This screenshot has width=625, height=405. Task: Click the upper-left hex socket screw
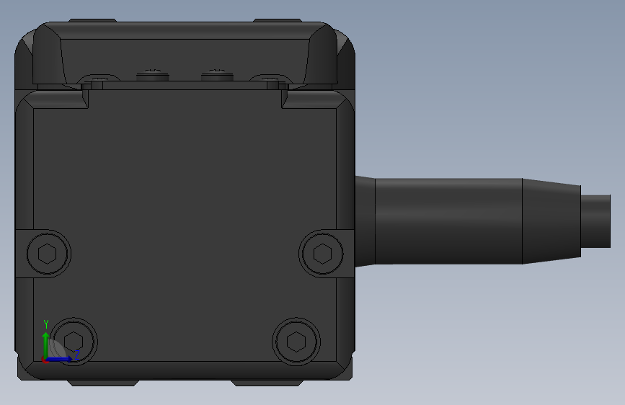pyautogui.click(x=48, y=254)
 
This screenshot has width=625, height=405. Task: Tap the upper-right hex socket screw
pyautogui.click(x=322, y=254)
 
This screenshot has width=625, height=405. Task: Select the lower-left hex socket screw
pyautogui.click(x=74, y=342)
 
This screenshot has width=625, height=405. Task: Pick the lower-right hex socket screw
pyautogui.click(x=296, y=342)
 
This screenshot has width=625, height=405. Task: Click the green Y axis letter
pyautogui.click(x=46, y=324)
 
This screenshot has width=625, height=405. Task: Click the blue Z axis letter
pyautogui.click(x=77, y=354)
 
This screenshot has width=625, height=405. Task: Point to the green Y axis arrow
pyautogui.click(x=46, y=345)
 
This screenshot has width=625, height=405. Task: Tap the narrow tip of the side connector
pyautogui.click(x=595, y=221)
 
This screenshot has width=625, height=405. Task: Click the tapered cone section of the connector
pyautogui.click(x=551, y=221)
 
